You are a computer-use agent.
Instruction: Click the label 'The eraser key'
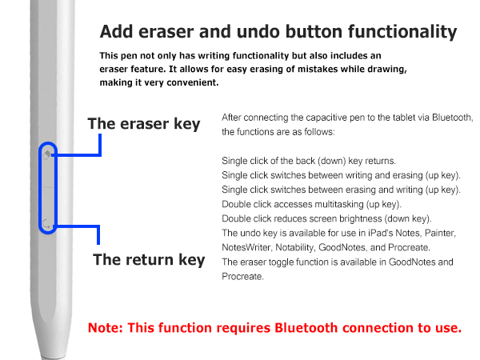point(144,124)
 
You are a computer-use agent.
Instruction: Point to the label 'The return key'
point(149,260)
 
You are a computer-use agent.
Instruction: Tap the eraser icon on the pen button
point(47,154)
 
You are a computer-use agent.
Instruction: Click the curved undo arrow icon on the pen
point(46,223)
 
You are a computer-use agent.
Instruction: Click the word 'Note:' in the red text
point(106,328)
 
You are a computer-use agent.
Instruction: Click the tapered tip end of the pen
point(54,358)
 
